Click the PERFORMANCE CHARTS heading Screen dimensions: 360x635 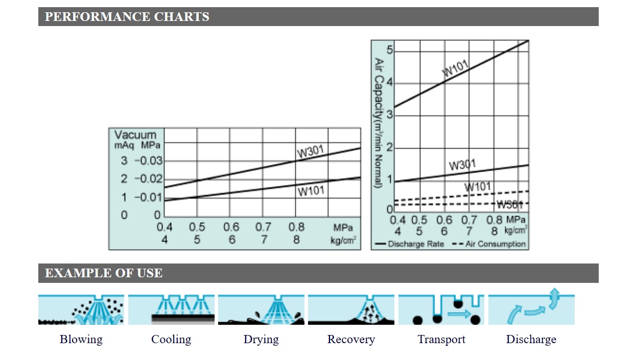[127, 17]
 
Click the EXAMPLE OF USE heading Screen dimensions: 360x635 [103, 273]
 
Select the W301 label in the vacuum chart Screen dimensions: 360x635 [312, 152]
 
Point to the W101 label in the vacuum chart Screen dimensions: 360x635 [312, 191]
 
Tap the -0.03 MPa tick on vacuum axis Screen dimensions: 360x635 [148, 161]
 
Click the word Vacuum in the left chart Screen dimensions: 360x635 [135, 135]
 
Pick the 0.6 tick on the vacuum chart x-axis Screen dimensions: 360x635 [231, 227]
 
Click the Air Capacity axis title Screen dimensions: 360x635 [379, 123]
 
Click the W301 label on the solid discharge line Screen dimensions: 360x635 [462, 165]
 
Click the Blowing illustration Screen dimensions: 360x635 [81, 309]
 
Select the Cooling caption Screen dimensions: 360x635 [171, 339]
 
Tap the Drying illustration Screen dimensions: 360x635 [261, 309]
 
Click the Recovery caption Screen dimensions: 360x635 [351, 339]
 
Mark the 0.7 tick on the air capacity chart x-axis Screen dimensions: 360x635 [469, 220]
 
